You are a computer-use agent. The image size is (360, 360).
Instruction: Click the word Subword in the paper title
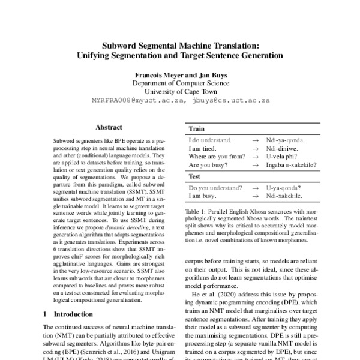coord(119,45)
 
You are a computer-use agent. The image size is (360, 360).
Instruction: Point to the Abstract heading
coord(109,127)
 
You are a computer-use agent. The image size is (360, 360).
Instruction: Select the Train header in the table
coord(196,129)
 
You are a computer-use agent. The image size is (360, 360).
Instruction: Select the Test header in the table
coord(194,177)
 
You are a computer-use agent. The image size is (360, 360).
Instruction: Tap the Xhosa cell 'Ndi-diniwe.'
coord(283,147)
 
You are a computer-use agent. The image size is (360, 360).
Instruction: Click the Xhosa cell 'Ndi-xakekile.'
coord(284,196)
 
